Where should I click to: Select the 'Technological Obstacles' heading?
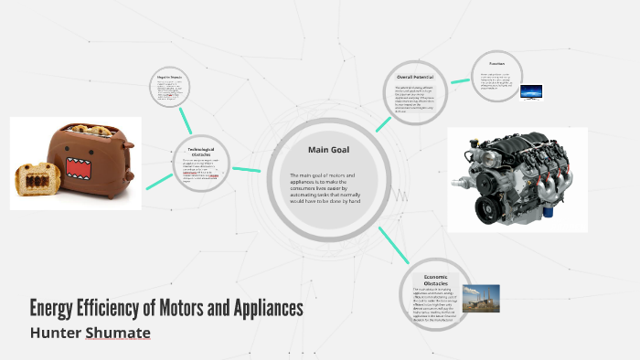(202, 152)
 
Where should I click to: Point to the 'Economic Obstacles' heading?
(434, 279)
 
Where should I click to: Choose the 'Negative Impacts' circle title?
(172, 79)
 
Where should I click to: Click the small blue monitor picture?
(530, 91)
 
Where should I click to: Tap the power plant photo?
(480, 299)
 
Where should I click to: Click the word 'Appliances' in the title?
(261, 308)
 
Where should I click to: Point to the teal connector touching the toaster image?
(161, 177)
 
